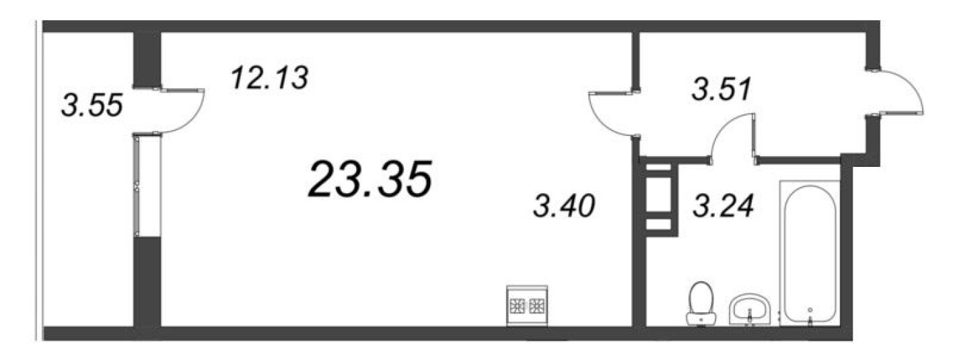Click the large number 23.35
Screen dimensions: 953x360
(369, 179)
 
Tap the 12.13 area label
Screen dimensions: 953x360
(269, 78)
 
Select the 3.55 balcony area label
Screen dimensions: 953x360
(92, 105)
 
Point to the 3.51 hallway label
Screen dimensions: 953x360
(721, 89)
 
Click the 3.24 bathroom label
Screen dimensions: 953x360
(723, 205)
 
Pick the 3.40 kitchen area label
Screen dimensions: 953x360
(563, 205)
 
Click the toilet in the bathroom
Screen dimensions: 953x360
(701, 303)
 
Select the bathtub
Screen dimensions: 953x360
(810, 254)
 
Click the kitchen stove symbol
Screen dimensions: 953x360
(527, 305)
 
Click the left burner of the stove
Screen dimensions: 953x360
(518, 305)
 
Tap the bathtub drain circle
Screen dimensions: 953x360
(810, 310)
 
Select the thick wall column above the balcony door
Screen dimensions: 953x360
(147, 60)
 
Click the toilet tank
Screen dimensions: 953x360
(701, 319)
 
